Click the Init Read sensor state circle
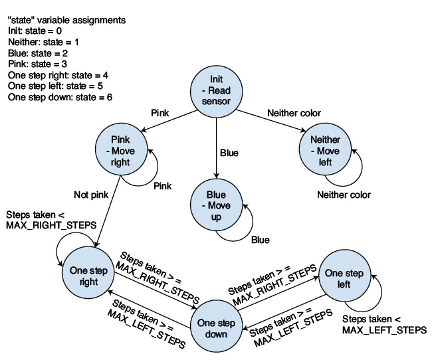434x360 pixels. point(216,92)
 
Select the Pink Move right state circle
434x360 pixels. point(121,149)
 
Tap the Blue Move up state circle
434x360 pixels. point(216,205)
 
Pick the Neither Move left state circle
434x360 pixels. point(325,149)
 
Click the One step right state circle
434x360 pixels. point(88,273)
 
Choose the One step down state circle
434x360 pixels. point(216,327)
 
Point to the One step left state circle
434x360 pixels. point(344,276)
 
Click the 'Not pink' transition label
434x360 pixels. point(91,195)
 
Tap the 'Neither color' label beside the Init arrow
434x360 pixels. point(294,113)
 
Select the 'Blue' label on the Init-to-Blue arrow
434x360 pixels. point(229,153)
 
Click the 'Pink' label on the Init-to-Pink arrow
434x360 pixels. point(160,113)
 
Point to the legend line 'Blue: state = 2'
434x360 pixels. point(38,53)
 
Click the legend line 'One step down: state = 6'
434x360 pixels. point(60,97)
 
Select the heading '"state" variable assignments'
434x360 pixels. point(66,20)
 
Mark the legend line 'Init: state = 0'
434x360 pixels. point(35,31)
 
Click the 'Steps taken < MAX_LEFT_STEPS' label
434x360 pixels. point(384,325)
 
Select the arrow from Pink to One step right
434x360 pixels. point(108,211)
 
